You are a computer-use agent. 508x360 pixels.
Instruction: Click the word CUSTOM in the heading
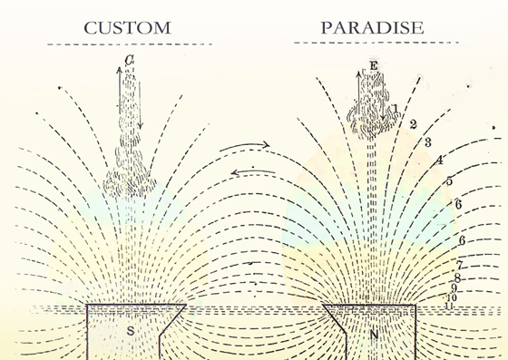[127, 27]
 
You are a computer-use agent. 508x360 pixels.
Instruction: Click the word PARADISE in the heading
[372, 27]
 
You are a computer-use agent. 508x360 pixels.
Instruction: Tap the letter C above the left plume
[131, 61]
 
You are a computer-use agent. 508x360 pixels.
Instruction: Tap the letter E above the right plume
[373, 67]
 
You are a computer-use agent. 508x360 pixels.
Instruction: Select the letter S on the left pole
[130, 332]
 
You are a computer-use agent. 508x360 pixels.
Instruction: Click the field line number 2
[413, 124]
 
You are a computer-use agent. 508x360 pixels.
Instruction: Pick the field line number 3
[426, 142]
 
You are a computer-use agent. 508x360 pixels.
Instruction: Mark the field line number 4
[439, 161]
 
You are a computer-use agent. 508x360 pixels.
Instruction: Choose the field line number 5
[449, 181]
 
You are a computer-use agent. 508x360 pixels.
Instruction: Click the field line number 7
[460, 265]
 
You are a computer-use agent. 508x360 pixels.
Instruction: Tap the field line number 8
[457, 278]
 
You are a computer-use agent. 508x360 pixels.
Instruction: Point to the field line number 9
[454, 288]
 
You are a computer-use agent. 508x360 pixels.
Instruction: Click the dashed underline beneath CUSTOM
[127, 44]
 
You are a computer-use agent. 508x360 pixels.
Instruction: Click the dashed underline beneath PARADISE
[373, 44]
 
